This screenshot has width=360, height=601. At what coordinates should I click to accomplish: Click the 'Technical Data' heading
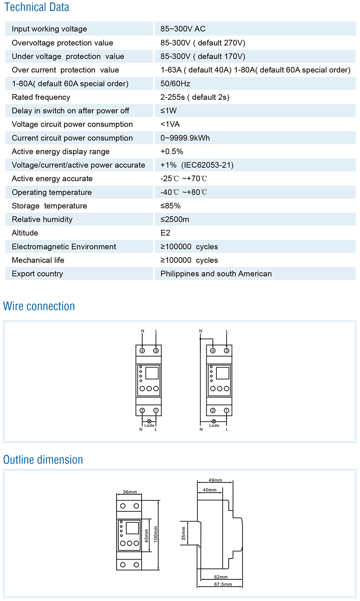[37, 7]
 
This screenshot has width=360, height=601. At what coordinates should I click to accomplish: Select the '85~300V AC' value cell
[183, 29]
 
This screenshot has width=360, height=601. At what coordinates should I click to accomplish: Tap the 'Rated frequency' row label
[41, 97]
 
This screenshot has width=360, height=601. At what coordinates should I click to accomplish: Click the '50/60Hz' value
[175, 84]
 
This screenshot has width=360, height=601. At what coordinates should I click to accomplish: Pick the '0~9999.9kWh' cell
[185, 138]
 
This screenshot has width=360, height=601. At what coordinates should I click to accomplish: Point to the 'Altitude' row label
[25, 233]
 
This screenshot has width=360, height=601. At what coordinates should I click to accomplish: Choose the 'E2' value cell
[165, 233]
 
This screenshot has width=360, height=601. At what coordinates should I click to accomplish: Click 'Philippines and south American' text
[216, 274]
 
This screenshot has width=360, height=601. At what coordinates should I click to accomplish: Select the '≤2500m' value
[175, 219]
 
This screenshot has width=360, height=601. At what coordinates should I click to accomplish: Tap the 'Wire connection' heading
[39, 306]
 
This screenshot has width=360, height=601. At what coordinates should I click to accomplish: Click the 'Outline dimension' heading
[43, 460]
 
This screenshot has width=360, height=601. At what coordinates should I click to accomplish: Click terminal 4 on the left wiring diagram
[142, 351]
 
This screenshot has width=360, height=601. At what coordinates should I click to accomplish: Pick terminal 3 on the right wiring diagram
[226, 351]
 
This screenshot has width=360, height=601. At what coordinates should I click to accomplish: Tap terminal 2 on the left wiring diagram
[142, 410]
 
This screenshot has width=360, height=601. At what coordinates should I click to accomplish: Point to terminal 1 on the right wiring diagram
[226, 410]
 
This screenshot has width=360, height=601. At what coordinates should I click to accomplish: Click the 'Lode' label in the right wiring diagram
[214, 425]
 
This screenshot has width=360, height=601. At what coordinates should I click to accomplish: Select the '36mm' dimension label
[130, 492]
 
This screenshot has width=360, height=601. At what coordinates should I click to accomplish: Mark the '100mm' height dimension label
[156, 534]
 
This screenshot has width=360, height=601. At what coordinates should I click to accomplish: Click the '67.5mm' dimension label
[223, 584]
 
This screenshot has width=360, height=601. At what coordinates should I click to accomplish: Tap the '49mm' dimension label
[215, 480]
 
